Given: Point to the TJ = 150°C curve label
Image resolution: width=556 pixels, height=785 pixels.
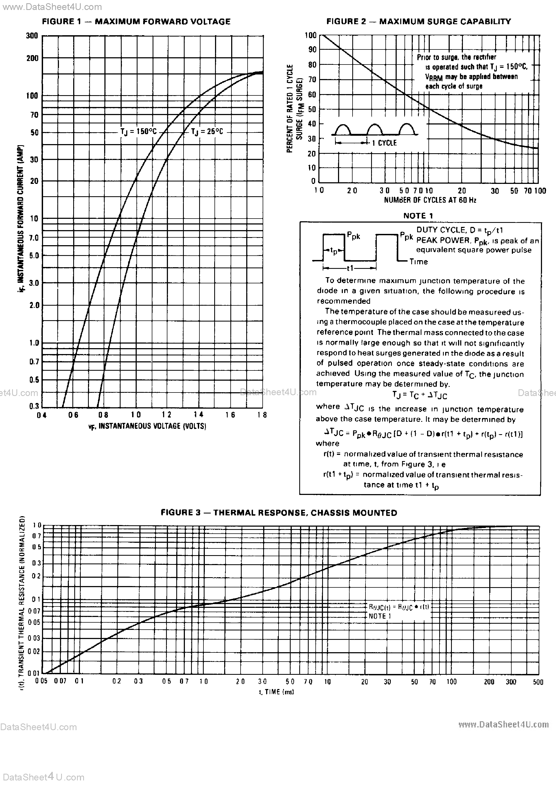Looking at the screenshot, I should click(138, 132).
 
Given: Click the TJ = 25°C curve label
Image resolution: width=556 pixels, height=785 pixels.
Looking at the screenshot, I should click(207, 132).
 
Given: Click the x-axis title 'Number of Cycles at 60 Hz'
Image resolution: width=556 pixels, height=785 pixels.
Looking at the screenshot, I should click(430, 200).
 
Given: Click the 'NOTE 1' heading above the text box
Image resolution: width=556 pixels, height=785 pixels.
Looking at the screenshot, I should click(418, 216).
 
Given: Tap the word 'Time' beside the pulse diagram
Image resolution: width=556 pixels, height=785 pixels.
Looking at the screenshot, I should click(418, 262).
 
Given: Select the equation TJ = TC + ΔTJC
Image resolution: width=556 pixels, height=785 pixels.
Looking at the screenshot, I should click(419, 395).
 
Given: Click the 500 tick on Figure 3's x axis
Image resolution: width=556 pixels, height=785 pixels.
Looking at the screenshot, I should click(538, 682).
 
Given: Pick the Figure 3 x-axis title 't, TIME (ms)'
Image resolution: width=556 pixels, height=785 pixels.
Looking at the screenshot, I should click(277, 692).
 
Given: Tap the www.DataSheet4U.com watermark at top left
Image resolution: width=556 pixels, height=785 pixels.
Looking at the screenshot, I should click(51, 7).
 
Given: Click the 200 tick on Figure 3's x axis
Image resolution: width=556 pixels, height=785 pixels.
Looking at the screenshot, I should click(489, 682).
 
